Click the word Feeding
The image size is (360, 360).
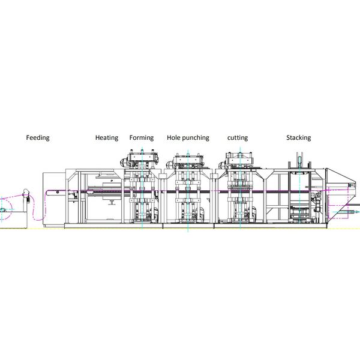tap(38, 138)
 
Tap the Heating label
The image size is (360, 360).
tap(107, 138)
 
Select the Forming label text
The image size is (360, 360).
tap(142, 138)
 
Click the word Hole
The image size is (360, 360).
tap(173, 137)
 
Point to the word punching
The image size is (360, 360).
tap(196, 138)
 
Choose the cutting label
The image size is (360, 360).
tap(238, 138)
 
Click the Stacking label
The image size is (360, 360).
tap(299, 138)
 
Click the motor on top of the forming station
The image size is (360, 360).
tap(125, 163)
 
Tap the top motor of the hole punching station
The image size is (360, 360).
tap(170, 164)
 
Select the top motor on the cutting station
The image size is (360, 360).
tap(222, 164)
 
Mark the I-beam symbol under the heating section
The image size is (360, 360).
tap(112, 202)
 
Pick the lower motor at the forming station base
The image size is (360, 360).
tap(155, 213)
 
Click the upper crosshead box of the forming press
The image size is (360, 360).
tap(142, 157)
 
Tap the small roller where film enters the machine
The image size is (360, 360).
tap(58, 192)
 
